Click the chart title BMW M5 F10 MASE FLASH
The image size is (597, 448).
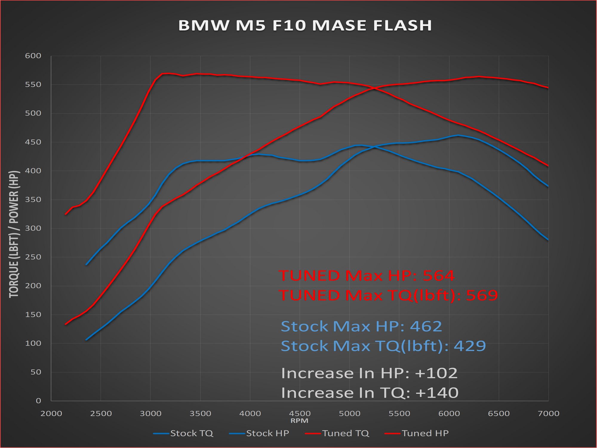coord(305,26)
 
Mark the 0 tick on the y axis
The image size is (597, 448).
coord(38,401)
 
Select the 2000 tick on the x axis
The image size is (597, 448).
coord(51,414)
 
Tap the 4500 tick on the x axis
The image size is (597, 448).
coord(300,414)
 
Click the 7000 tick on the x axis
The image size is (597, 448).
coord(548,414)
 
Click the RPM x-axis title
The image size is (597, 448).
coord(299,421)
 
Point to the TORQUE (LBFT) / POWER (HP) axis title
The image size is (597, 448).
coord(14,234)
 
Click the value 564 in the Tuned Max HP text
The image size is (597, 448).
coord(438,275)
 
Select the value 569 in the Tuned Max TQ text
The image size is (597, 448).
coord(482,295)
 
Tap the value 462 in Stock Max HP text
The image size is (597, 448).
coord(426,326)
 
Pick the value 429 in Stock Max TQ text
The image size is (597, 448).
coord(470,346)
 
